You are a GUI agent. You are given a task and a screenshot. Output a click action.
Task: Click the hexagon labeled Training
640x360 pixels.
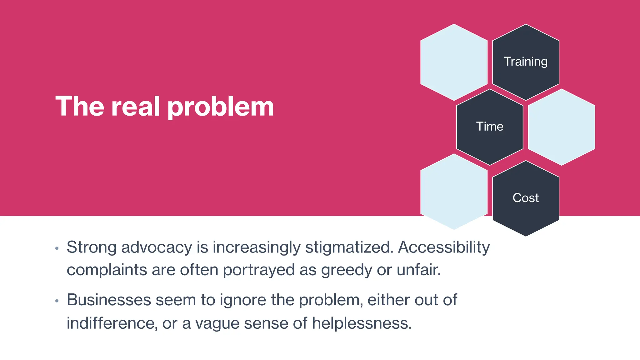(x=526, y=62)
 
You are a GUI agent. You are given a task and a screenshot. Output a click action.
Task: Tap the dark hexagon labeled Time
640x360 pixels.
(x=490, y=127)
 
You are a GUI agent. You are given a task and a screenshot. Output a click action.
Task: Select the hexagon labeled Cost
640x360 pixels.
(x=526, y=198)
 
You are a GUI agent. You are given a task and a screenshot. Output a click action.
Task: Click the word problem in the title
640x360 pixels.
(x=221, y=107)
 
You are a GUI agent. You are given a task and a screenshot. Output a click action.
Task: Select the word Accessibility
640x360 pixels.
(x=444, y=247)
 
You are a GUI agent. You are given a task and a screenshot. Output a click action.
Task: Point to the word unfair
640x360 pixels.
(x=419, y=270)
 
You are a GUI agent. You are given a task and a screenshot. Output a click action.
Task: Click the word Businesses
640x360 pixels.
(x=109, y=300)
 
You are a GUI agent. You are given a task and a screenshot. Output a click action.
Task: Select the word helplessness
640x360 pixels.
(x=362, y=323)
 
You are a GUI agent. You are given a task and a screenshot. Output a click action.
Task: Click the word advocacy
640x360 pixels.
(x=157, y=247)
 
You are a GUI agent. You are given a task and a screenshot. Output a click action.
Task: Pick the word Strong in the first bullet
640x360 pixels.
(x=92, y=247)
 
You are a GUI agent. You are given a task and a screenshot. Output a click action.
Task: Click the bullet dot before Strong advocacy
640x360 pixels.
(x=57, y=249)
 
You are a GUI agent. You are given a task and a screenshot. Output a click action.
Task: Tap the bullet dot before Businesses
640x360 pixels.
(x=57, y=301)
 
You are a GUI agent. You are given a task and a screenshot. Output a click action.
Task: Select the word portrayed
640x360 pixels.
(x=259, y=270)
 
